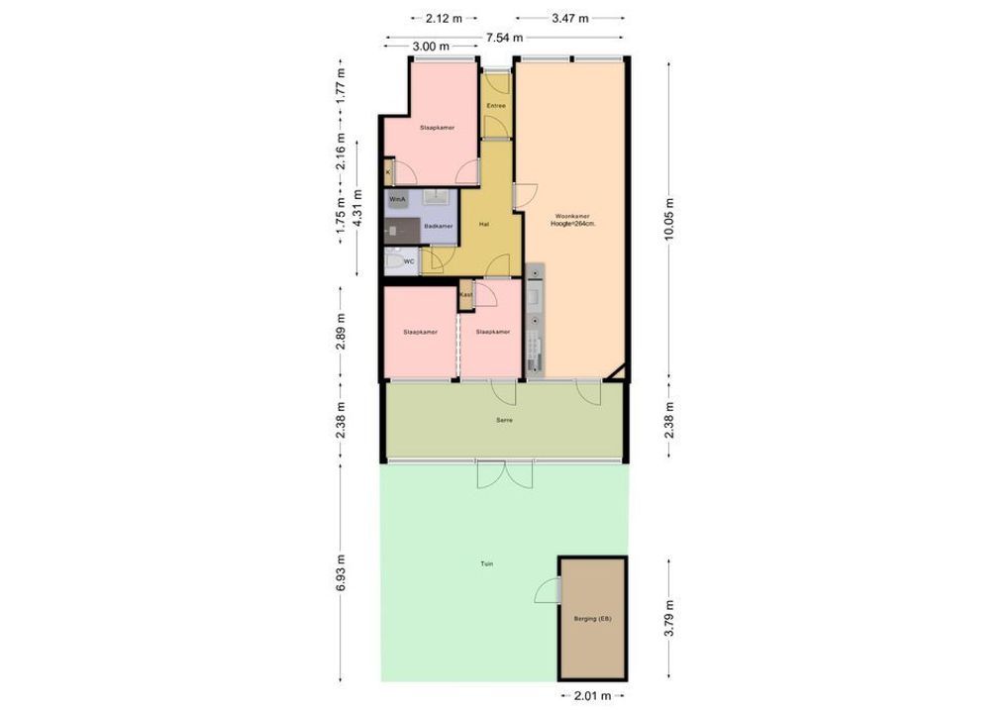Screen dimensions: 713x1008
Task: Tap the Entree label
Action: [496, 105]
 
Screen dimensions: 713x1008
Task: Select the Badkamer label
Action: [438, 227]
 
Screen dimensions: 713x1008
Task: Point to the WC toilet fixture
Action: [393, 262]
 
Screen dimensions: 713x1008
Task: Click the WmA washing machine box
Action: [398, 199]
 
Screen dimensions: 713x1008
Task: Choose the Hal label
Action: [484, 223]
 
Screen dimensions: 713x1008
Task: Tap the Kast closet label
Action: [465, 294]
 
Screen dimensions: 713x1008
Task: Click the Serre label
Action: [504, 420]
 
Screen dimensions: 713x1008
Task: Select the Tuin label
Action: [487, 563]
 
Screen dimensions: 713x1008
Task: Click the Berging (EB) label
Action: [592, 619]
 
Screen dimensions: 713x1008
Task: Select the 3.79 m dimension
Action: [669, 619]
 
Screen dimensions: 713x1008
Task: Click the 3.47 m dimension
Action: [569, 18]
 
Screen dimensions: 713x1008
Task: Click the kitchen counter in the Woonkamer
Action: [536, 322]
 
